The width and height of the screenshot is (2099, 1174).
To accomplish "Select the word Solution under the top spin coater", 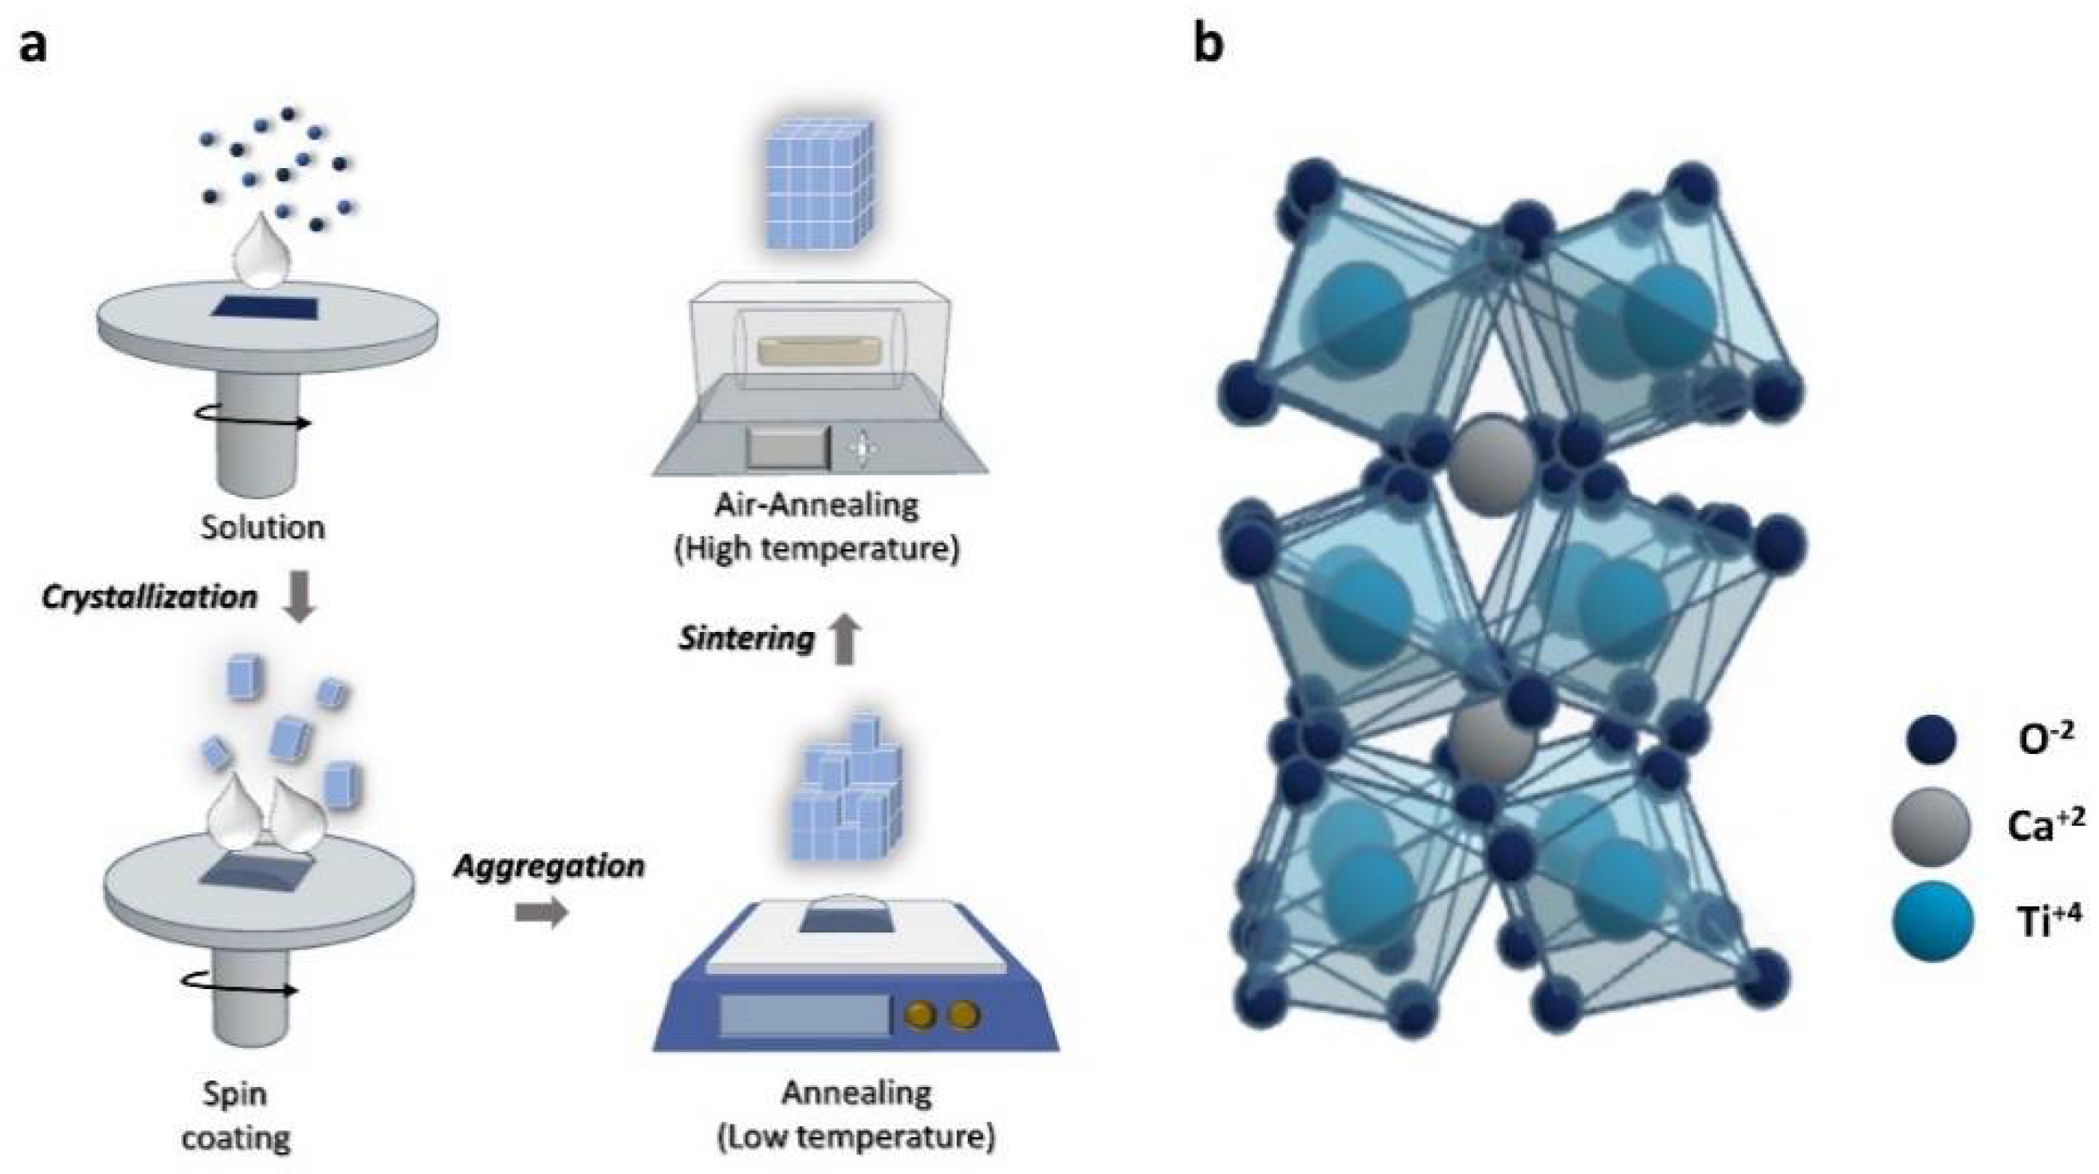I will (262, 527).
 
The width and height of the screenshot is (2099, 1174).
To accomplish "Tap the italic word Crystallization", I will (150, 597).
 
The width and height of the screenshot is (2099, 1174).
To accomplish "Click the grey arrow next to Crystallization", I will (299, 597).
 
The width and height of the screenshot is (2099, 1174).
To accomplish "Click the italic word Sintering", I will (746, 638).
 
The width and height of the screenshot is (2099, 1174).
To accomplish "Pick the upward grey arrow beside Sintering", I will (846, 638).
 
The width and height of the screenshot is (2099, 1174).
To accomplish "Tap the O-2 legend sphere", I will (1931, 740).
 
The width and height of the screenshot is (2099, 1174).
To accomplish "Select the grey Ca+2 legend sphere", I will (1931, 827).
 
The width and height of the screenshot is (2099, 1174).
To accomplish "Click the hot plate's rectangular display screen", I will (804, 1015).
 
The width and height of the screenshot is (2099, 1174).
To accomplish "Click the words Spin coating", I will (235, 1114).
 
